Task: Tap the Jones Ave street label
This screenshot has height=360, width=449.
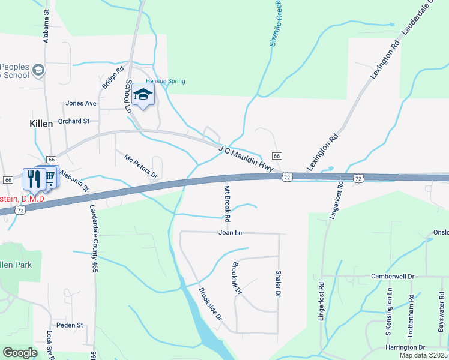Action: pos(82,103)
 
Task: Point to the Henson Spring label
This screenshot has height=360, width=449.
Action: pos(166,81)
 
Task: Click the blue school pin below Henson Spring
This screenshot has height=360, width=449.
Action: pos(143,95)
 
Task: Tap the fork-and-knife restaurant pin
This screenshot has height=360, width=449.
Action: pos(34,178)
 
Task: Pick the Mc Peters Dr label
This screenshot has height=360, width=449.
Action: pos(140,167)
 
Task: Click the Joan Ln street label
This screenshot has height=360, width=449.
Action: pos(230,232)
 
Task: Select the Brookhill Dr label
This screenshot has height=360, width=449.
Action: pos(235,278)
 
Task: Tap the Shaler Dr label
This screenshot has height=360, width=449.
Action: pos(278,283)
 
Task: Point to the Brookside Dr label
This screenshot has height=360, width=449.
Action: pos(210,303)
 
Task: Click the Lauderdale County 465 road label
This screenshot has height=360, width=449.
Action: pos(94,239)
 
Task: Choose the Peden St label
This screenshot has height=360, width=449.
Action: pos(70,325)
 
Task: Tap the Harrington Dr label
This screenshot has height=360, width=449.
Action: pos(405,347)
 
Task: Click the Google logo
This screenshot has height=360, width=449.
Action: pos(20,353)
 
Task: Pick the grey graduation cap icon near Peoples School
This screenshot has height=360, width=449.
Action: pos(38,71)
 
